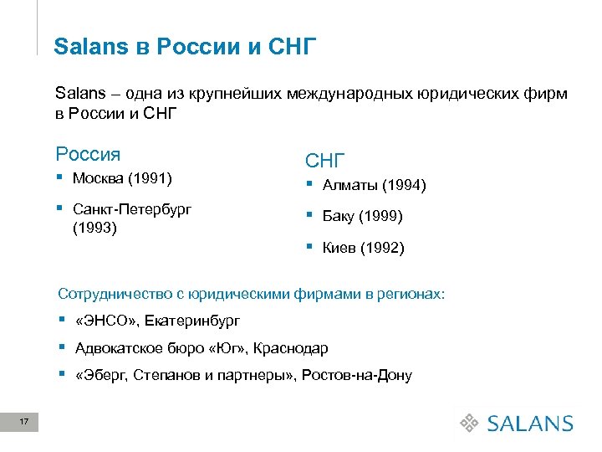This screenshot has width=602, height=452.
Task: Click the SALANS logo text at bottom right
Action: point(531,424)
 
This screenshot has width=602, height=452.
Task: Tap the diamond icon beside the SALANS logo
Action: point(471,424)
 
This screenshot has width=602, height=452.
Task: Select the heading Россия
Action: point(88,154)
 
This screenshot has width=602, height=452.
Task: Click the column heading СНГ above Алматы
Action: point(326,160)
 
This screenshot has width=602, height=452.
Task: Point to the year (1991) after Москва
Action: point(150,178)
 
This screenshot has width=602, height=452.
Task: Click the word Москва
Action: point(99,178)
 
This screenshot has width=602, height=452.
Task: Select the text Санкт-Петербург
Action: point(132,209)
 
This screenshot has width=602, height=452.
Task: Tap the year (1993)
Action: point(94,227)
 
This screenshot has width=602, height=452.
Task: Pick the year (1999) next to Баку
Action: point(380,217)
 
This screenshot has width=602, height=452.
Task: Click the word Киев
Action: point(339,249)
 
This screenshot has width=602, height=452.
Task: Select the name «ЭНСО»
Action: point(102,321)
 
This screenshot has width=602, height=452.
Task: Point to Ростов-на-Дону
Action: point(360,375)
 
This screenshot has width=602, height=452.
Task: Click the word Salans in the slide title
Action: point(89,46)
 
